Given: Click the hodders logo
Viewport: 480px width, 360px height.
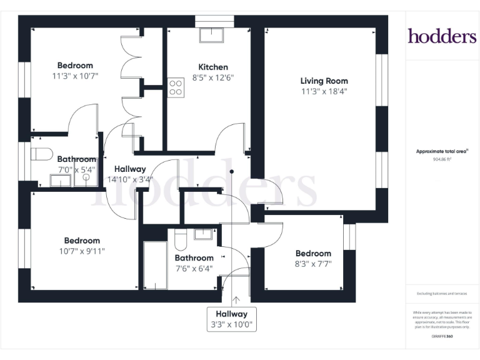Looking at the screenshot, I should (x=442, y=36).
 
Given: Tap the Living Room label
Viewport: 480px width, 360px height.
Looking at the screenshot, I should (x=324, y=81).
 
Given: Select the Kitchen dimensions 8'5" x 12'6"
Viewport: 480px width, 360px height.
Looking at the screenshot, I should (x=213, y=78).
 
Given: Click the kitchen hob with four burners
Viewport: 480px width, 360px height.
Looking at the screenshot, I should (x=176, y=88).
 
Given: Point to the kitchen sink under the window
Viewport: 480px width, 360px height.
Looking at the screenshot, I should (x=209, y=35).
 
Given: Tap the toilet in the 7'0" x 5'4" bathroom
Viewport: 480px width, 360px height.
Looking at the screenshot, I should (x=42, y=154).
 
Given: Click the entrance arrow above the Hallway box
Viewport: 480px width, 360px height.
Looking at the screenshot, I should (x=236, y=301).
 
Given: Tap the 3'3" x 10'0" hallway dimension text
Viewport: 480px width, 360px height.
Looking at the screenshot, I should (x=232, y=325).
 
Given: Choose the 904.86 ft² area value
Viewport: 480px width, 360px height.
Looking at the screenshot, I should (x=442, y=159).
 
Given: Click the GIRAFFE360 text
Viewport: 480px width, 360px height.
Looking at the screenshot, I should (x=442, y=337).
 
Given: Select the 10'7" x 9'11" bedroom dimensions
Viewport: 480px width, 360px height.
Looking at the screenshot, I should (x=82, y=251).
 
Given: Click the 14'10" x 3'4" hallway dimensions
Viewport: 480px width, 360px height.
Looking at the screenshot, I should (x=129, y=179).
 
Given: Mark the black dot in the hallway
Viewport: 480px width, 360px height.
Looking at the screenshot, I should (x=231, y=171).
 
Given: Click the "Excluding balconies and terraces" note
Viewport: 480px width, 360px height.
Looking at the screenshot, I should (x=442, y=294).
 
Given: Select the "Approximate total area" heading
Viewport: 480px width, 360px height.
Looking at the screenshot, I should (x=442, y=151).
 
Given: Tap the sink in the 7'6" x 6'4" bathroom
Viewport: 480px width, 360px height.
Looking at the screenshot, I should (x=204, y=235).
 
